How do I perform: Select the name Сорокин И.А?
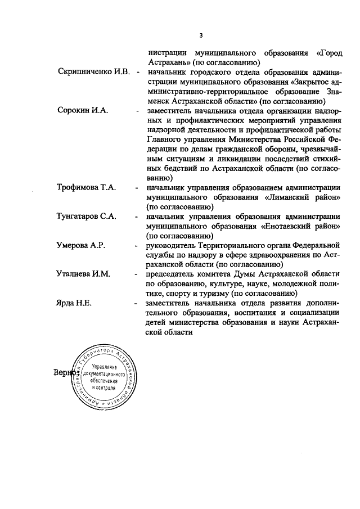coord(82,110)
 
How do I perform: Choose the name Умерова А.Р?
coord(82,245)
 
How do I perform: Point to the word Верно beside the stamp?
coord(64,372)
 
